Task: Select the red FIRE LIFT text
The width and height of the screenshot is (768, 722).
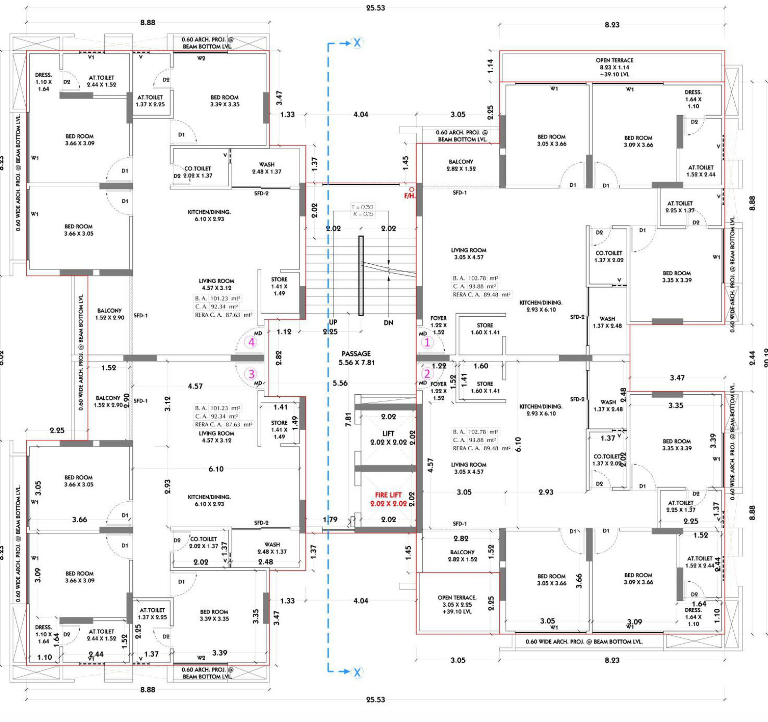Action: tap(388, 495)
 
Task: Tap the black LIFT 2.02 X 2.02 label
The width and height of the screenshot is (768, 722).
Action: tap(388, 438)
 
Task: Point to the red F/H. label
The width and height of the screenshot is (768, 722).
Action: tap(410, 196)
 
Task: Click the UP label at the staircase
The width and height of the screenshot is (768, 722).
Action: tap(333, 322)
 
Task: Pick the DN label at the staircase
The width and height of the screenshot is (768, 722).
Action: tap(388, 323)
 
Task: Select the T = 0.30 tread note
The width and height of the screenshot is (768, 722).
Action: tap(363, 207)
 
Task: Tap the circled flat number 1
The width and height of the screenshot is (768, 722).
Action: tap(427, 342)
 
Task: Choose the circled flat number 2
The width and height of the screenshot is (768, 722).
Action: tap(427, 373)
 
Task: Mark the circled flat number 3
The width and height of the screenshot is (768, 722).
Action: tap(252, 374)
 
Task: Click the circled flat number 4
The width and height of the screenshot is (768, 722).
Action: tap(252, 342)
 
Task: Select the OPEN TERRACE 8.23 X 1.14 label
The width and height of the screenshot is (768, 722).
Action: tap(614, 67)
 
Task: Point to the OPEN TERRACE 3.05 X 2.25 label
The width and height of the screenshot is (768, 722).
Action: tap(457, 604)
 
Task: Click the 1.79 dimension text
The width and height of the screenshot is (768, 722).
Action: tap(330, 519)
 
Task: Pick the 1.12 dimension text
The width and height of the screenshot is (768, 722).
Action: tap(284, 332)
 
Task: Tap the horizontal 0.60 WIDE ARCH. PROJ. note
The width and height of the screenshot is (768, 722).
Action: tap(584, 641)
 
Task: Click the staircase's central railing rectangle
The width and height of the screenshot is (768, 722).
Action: tap(361, 276)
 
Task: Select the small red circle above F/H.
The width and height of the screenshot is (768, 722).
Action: tap(412, 190)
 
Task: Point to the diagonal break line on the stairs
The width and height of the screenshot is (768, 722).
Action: tap(388, 267)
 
